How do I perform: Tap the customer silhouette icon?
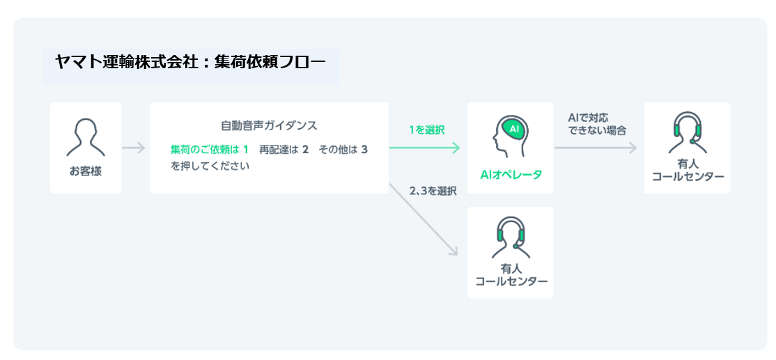(86, 137)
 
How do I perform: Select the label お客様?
(86, 171)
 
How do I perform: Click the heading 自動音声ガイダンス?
(269, 126)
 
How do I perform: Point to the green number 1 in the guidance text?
(246, 149)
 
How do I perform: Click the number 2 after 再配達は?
(305, 149)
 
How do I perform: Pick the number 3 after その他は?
(364, 149)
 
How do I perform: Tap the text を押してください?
(210, 166)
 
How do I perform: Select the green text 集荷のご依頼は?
(205, 149)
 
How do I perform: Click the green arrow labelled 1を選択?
(425, 148)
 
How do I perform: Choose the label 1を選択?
(426, 130)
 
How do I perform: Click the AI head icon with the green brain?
(511, 136)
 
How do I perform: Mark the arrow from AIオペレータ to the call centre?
(596, 148)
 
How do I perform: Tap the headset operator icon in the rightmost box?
(688, 132)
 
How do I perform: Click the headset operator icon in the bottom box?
(511, 237)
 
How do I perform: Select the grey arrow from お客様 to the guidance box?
(134, 148)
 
